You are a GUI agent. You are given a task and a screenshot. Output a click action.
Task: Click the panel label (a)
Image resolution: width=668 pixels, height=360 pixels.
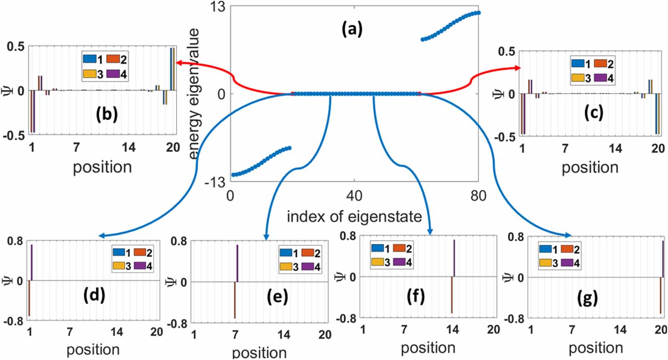coord(352,29)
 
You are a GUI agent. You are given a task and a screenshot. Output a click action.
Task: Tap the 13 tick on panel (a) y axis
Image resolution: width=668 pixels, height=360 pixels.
coord(218,7)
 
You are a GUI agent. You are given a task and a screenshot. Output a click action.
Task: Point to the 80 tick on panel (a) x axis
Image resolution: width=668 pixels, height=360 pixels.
coord(478,195)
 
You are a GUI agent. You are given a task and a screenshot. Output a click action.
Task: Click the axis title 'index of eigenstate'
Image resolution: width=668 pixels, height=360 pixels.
coord(354,216)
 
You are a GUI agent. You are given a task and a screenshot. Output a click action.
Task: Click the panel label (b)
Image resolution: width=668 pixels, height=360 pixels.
coord(106,114)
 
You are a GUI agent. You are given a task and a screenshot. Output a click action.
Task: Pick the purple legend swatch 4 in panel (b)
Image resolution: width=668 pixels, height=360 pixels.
coord(113,74)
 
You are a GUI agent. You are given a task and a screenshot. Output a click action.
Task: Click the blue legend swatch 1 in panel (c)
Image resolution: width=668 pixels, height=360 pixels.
coord(578,63)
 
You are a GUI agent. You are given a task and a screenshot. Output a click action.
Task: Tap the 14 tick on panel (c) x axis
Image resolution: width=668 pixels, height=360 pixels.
coord(615,148)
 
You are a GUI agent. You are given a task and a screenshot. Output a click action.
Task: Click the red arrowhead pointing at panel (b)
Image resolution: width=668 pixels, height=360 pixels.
coord(179,63)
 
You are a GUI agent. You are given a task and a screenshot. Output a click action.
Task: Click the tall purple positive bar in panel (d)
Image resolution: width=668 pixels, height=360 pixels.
coord(31,262)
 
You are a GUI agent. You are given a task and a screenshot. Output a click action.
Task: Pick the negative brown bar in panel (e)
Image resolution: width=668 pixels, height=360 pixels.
coord(235,300)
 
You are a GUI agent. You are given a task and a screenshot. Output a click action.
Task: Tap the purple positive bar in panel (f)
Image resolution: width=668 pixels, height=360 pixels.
coord(454,258)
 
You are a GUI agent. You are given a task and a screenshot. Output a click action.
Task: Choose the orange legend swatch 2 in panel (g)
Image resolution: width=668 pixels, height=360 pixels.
coord(567,249)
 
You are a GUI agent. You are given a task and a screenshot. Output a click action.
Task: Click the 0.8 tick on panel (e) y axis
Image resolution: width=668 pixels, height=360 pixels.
coord(178,241)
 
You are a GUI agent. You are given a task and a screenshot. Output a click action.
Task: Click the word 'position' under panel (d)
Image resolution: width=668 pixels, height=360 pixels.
coord(93,349)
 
